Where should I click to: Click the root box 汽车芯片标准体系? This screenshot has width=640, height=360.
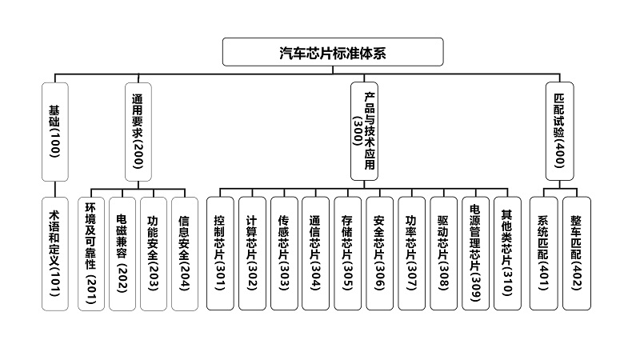[x=333, y=52]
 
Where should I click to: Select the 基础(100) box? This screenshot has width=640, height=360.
[x=55, y=132]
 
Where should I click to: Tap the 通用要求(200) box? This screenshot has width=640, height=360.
[x=138, y=132]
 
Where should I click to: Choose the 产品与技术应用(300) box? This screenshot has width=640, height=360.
[x=364, y=131]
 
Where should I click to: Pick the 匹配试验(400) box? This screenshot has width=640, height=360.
[x=559, y=131]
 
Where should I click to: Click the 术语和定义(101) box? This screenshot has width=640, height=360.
[x=55, y=254]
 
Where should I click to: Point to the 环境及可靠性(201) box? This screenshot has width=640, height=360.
[x=91, y=254]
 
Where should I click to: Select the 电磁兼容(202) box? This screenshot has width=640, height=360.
[x=122, y=254]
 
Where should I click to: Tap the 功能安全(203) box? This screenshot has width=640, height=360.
[x=154, y=254]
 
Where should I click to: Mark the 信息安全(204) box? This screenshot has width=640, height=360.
[x=185, y=254]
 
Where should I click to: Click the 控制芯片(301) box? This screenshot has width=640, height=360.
[x=220, y=254]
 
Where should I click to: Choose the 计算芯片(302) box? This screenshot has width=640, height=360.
[x=252, y=254]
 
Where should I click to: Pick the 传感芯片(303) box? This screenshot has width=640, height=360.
[x=284, y=254]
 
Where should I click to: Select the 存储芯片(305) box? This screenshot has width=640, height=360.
[x=348, y=254]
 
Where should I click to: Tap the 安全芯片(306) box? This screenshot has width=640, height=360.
[x=379, y=254]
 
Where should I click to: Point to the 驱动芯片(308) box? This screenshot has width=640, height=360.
[x=444, y=254]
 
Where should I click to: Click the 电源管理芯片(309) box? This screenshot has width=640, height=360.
[x=475, y=254]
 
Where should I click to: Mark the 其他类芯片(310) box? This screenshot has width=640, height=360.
[x=507, y=254]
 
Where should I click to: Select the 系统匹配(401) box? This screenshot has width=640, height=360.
[x=544, y=254]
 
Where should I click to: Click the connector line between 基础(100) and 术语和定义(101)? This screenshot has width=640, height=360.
[x=55, y=190]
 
